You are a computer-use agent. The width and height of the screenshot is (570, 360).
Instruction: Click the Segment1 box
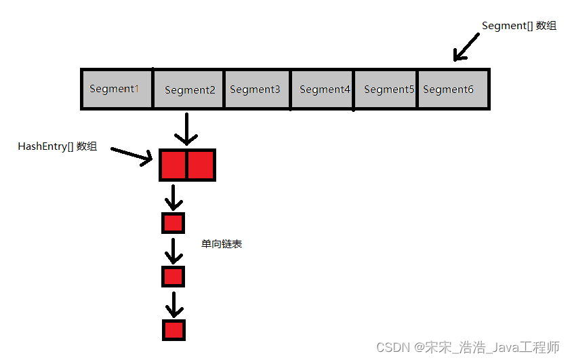click(117, 89)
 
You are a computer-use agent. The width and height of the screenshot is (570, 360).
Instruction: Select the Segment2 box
click(188, 89)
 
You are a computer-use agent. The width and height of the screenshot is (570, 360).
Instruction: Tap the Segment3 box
click(257, 89)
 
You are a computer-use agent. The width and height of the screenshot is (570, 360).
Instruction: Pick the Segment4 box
click(322, 89)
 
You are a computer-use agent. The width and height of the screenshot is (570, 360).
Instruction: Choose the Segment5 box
click(386, 89)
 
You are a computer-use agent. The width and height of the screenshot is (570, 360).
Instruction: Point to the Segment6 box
click(453, 89)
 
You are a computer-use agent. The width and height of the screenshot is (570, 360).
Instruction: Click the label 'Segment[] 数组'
click(518, 26)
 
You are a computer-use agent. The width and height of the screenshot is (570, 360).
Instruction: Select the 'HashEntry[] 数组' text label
click(58, 146)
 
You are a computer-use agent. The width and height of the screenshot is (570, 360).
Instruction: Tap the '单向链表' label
click(222, 243)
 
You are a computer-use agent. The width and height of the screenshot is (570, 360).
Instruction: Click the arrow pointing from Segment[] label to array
click(466, 47)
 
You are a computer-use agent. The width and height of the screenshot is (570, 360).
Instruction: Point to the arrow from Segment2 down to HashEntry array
click(186, 129)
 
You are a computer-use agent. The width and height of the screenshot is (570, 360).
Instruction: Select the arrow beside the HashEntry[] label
click(131, 157)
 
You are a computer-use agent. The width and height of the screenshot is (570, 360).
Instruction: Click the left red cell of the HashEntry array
click(174, 165)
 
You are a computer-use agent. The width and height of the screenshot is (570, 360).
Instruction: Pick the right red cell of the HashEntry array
click(201, 165)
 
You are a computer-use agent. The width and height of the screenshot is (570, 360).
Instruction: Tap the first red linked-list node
click(173, 223)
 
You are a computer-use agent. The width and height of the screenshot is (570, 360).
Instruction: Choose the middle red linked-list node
click(173, 277)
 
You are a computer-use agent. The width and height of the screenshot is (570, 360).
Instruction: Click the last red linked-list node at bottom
click(174, 329)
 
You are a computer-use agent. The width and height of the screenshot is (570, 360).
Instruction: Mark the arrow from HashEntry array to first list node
click(174, 197)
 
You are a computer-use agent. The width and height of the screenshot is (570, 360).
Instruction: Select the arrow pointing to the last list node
click(174, 304)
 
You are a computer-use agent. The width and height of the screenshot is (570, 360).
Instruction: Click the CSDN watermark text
click(468, 347)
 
